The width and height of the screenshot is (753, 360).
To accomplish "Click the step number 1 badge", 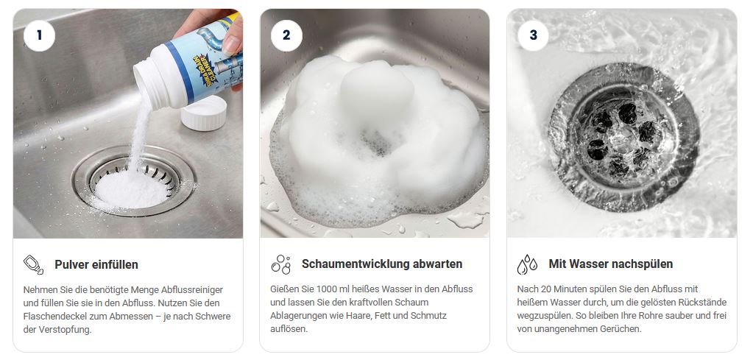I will [39, 35].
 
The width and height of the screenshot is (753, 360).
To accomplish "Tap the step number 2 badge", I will [286, 35].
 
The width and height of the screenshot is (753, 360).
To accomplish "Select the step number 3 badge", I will [533, 35].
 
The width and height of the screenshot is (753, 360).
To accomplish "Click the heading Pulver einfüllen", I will [96, 264].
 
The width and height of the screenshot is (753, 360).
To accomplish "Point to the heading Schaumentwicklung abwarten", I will [382, 264].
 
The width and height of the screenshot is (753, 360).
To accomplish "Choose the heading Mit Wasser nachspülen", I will [610, 264].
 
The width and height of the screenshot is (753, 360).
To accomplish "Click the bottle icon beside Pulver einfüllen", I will [34, 264].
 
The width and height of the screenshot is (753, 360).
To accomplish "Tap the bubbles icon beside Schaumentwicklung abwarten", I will [280, 264].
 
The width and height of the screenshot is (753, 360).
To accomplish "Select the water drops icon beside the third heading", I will [527, 264].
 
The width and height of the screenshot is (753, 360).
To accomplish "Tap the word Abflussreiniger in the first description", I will [190, 289].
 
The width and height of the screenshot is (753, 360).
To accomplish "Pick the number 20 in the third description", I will [554, 289].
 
